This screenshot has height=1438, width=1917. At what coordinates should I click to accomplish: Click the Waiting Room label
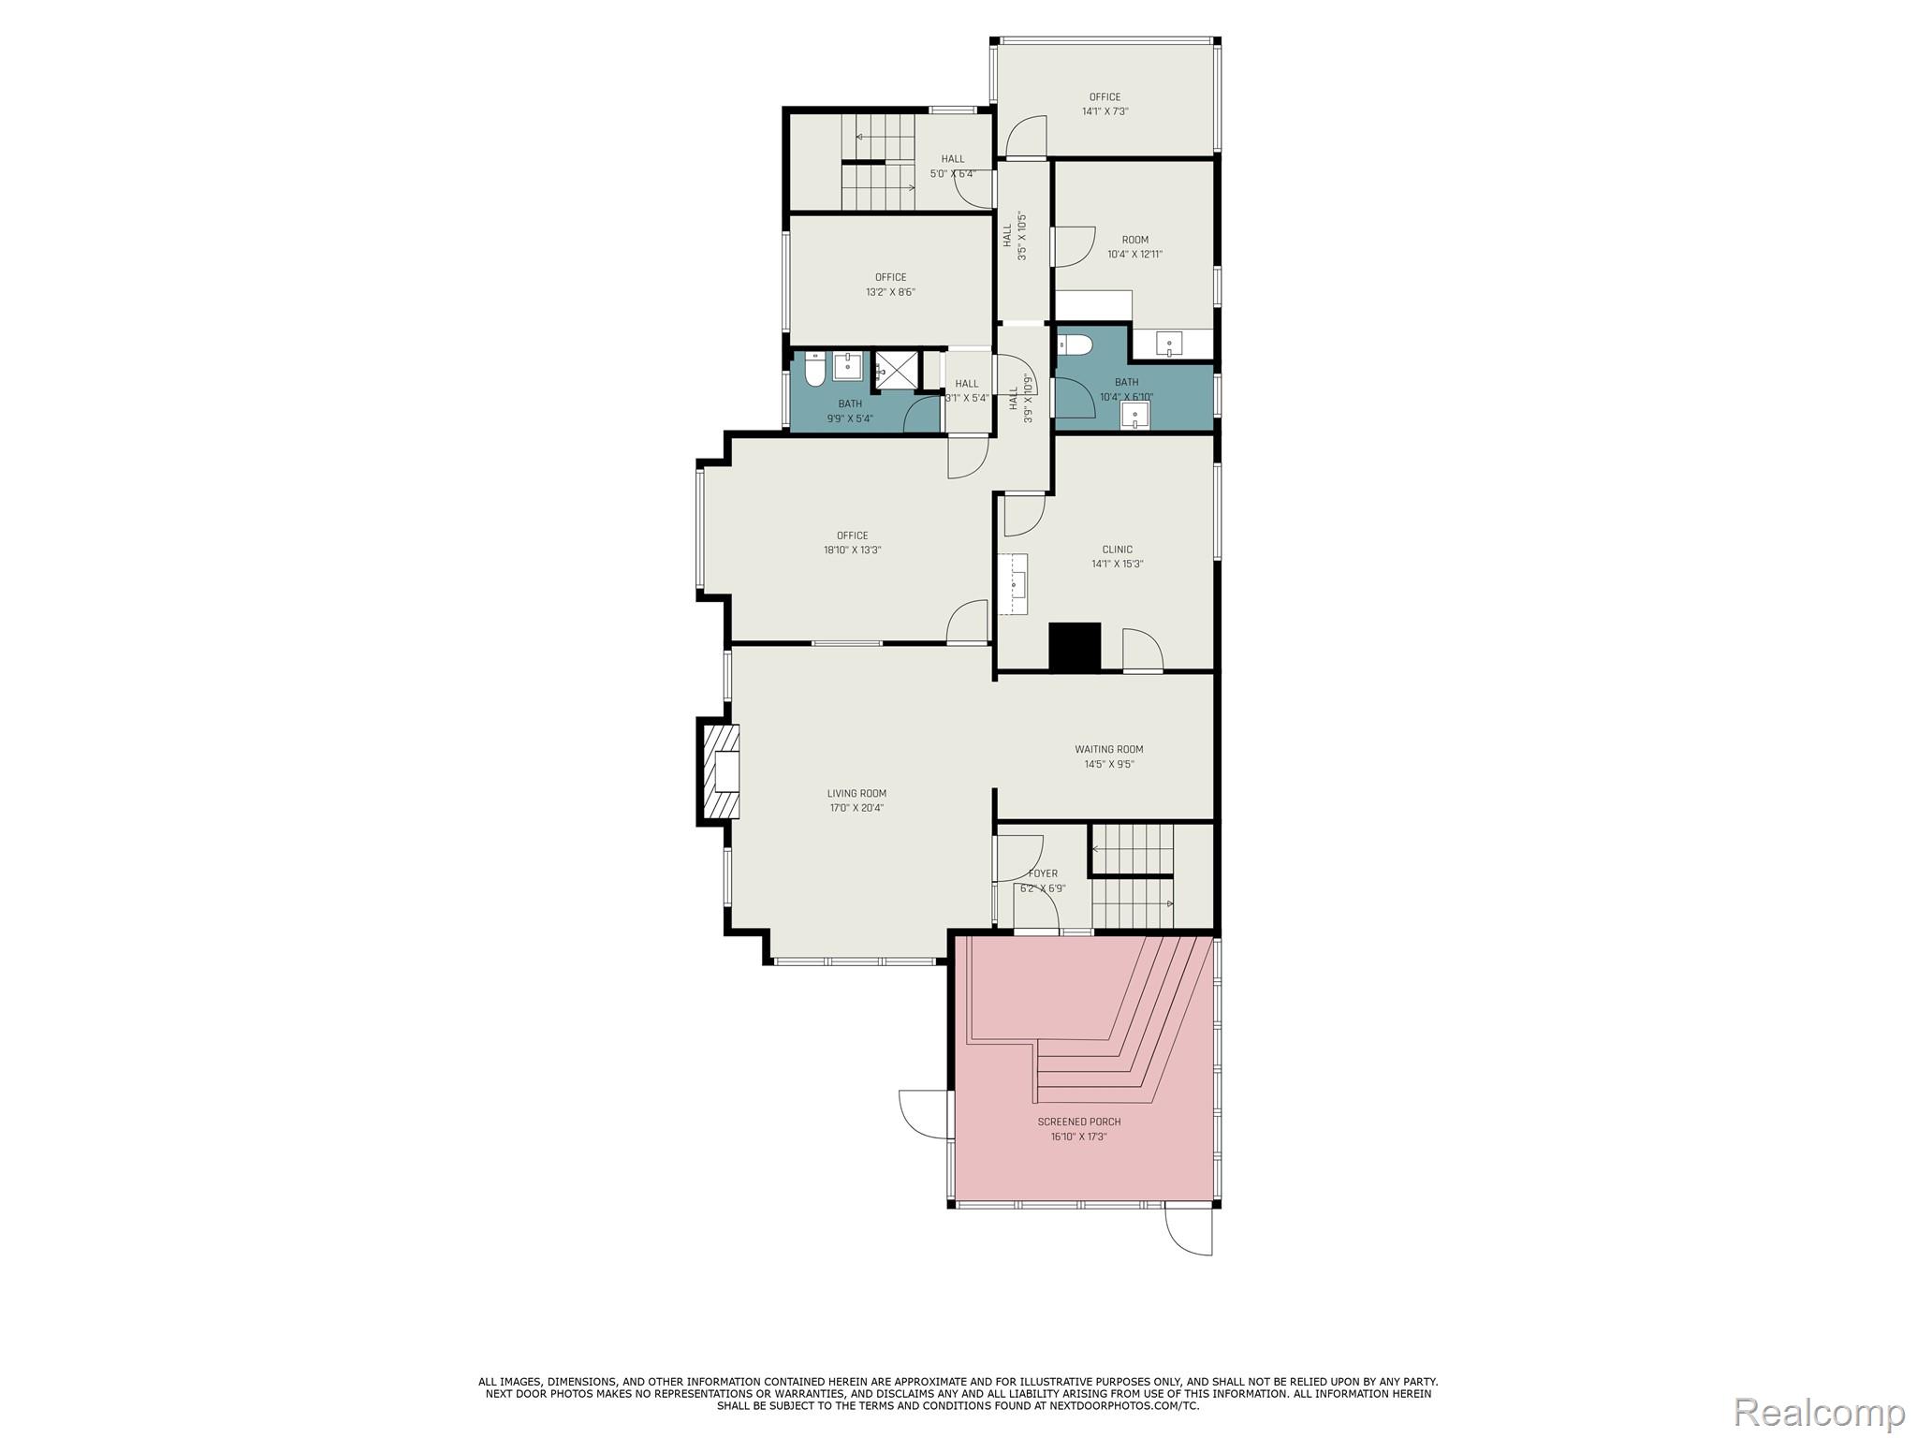(x=1108, y=749)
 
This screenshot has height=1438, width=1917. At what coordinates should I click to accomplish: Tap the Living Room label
(x=856, y=794)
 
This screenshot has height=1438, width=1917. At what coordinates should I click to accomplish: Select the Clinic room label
(x=1117, y=550)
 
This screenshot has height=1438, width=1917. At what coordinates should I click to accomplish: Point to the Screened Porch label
(x=1078, y=1122)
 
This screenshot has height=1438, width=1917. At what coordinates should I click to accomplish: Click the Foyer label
(x=1043, y=873)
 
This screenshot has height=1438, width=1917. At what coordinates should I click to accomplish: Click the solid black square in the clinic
(x=1075, y=646)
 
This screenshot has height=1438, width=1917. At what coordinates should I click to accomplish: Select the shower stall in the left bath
(x=897, y=369)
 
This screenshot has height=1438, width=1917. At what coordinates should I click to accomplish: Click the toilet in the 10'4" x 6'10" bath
(x=1073, y=345)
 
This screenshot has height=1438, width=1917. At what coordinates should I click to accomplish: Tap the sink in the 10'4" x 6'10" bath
(x=1135, y=415)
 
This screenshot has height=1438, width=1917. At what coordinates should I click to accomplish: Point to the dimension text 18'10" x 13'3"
(x=852, y=550)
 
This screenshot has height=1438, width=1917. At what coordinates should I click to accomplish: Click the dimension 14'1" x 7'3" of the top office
(x=1105, y=111)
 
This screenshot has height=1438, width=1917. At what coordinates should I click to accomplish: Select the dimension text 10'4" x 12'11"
(x=1134, y=254)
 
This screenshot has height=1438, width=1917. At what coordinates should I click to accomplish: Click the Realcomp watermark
(x=1819, y=1411)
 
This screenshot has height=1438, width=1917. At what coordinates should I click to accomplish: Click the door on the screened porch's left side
(x=924, y=1114)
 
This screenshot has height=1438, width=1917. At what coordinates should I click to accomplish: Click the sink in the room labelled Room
(x=1169, y=345)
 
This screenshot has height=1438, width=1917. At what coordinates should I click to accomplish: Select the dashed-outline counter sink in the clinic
(x=1015, y=583)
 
